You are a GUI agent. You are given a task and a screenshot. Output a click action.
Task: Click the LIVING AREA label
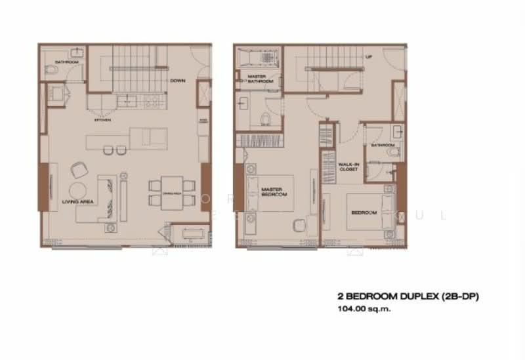(77, 201)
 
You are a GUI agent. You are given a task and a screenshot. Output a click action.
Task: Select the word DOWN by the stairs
(177, 81)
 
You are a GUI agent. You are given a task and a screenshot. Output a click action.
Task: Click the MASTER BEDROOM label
(271, 191)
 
